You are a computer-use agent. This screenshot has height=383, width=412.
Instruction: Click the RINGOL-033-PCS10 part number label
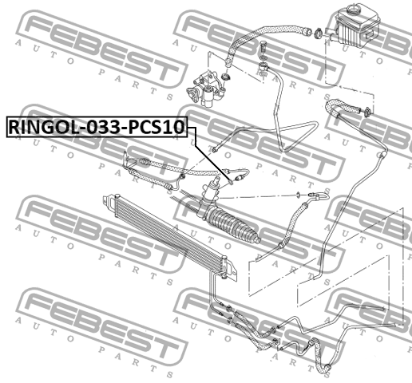97,127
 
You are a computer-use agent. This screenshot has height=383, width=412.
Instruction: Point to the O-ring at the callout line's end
231,182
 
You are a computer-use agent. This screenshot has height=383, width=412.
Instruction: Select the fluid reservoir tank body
355,26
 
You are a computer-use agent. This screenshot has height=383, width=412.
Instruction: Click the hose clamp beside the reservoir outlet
319,34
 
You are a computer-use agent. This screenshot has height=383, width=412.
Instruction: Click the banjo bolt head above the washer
262,45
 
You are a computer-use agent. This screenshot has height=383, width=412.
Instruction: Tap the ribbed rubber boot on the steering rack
232,225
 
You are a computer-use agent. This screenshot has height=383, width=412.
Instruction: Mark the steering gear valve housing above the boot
211,192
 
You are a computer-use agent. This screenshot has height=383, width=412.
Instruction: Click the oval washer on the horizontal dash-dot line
299,195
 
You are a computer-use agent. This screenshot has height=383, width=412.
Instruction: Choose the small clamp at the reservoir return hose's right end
368,112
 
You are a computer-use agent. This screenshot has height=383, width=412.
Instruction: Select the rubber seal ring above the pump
226,78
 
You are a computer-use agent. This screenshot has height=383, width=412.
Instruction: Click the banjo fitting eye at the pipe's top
263,66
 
